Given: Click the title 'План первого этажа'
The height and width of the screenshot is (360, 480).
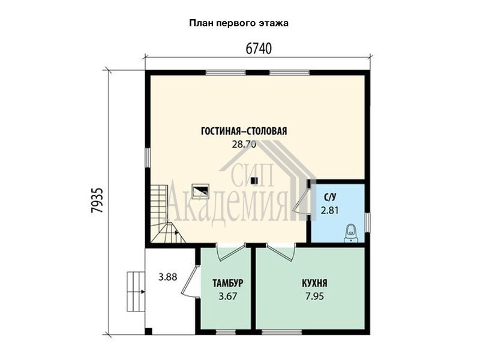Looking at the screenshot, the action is (239, 23).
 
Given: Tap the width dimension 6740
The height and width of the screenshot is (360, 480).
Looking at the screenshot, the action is (259, 49).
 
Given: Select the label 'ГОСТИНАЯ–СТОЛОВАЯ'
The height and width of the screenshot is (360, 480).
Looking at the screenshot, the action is (244, 131).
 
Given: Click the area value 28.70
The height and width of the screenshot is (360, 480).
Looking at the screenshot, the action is (244, 144).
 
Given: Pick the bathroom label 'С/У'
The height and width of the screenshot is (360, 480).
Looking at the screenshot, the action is (329, 197).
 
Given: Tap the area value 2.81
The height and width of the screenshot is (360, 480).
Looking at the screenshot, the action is (329, 211).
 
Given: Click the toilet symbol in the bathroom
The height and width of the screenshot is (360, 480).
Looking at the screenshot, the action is (350, 233).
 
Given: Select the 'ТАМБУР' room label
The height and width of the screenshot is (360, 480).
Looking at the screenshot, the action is (228, 283).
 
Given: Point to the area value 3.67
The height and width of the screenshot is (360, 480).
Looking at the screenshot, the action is (228, 296).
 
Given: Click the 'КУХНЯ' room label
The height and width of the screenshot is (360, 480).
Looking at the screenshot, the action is (314, 283).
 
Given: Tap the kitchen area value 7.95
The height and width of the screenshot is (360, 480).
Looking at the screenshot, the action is (314, 296).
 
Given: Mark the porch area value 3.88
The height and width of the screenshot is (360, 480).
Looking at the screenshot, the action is (168, 277).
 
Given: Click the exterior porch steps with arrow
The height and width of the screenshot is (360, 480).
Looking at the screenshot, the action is (136, 292).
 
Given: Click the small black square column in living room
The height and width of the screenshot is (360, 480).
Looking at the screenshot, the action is (254, 181).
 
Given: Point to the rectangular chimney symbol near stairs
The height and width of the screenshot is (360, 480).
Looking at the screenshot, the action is (200, 191).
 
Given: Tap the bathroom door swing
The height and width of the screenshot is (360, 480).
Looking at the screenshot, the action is (302, 200).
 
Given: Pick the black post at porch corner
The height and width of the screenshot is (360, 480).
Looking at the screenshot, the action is (148, 332).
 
